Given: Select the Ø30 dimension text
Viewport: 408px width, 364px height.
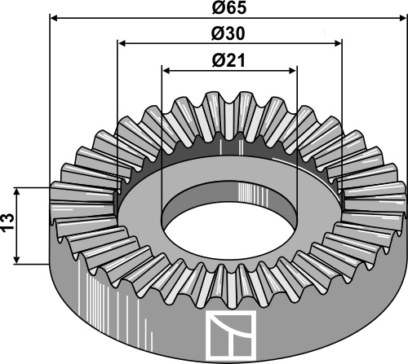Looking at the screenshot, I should tap(228, 34).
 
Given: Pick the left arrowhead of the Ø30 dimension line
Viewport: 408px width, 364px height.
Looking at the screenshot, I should tap(122, 42).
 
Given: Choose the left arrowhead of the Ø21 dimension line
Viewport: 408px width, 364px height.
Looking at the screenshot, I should tap(166, 69).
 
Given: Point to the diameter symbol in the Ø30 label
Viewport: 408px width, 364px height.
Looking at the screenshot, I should tap(218, 34).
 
